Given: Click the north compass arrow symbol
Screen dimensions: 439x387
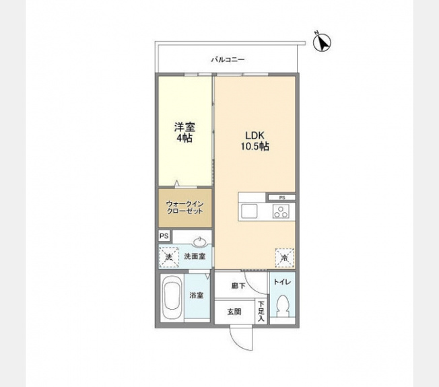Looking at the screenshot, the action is pos(322,42).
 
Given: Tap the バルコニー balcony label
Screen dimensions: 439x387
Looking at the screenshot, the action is pos(228,60).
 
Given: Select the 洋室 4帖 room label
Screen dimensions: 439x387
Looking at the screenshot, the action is pos(184,133).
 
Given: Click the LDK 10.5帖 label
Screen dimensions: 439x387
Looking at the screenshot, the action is pos(255,141).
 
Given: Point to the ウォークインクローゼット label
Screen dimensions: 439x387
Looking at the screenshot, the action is pos(184,207).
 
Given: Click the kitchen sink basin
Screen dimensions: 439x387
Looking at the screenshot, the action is pos(249,211).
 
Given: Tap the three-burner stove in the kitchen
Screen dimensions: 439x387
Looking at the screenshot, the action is pos(281,211).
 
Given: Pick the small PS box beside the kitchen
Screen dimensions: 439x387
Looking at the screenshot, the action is pos(281,198).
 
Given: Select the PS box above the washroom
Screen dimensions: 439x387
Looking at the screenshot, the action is pos(164,236).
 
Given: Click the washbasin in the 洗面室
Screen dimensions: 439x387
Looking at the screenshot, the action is pos(200,242).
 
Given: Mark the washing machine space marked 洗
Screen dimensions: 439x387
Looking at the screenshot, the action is pos(169,257).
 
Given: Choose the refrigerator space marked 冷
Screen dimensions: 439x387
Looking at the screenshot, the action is pos(284,258).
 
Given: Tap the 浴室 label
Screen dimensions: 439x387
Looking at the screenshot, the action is pos(196,295).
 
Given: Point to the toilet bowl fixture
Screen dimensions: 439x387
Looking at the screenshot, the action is pos(282,306).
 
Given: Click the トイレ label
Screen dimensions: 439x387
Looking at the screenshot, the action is pos(282,282).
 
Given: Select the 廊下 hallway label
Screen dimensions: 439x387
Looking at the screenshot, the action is pos(238,285).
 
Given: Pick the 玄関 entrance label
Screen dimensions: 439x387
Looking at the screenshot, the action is pos(234,312).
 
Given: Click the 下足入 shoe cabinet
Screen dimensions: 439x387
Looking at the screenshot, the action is pos(261,312).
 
